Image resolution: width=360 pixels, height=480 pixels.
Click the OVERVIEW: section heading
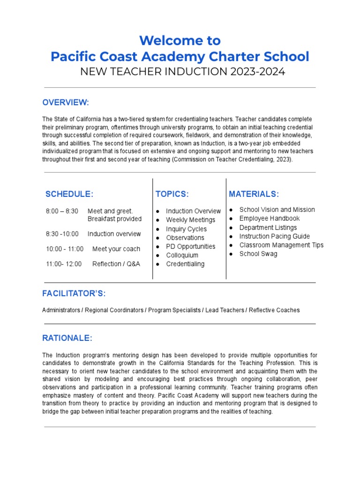pyautogui.click(x=66, y=103)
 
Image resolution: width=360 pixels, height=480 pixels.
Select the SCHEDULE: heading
pyautogui.click(x=69, y=194)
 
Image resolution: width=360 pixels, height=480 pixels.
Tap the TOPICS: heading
pyautogui.click(x=172, y=194)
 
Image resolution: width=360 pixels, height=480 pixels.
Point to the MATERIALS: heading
pyautogui.click(x=254, y=194)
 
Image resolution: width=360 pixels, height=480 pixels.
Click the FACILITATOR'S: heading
pyautogui.click(x=74, y=294)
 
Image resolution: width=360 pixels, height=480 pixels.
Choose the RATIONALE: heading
pyautogui.click(x=67, y=338)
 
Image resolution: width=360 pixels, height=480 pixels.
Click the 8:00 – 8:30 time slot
pyautogui.click(x=62, y=211)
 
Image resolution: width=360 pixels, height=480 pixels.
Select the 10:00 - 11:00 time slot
pyautogui.click(x=65, y=249)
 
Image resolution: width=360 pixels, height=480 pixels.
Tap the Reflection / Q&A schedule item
pyautogui.click(x=116, y=264)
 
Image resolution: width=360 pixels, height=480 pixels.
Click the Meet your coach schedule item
pyautogui.click(x=116, y=249)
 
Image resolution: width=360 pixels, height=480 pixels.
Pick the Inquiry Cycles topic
pyautogui.click(x=186, y=229)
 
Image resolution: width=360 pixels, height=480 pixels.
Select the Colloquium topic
pyautogui.click(x=182, y=255)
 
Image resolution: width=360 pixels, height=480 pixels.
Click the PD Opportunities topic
pyautogui.click(x=190, y=247)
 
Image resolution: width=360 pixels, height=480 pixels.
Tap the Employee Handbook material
pyautogui.click(x=269, y=218)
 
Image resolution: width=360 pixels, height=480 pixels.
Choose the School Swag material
pyautogui.click(x=258, y=254)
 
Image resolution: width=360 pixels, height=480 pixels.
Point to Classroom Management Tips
pyautogui.click(x=281, y=245)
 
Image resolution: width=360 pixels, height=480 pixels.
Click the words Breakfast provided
pyautogui.click(x=114, y=219)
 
